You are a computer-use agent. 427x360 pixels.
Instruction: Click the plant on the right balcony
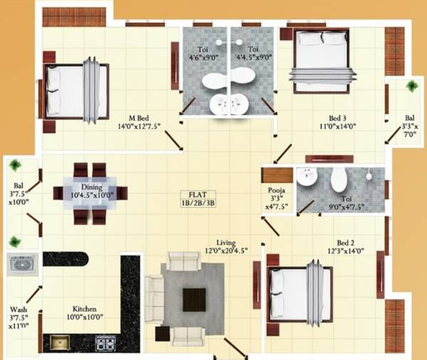pyautogui.click(x=411, y=86)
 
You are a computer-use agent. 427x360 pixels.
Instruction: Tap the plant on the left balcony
pyautogui.click(x=15, y=165)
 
